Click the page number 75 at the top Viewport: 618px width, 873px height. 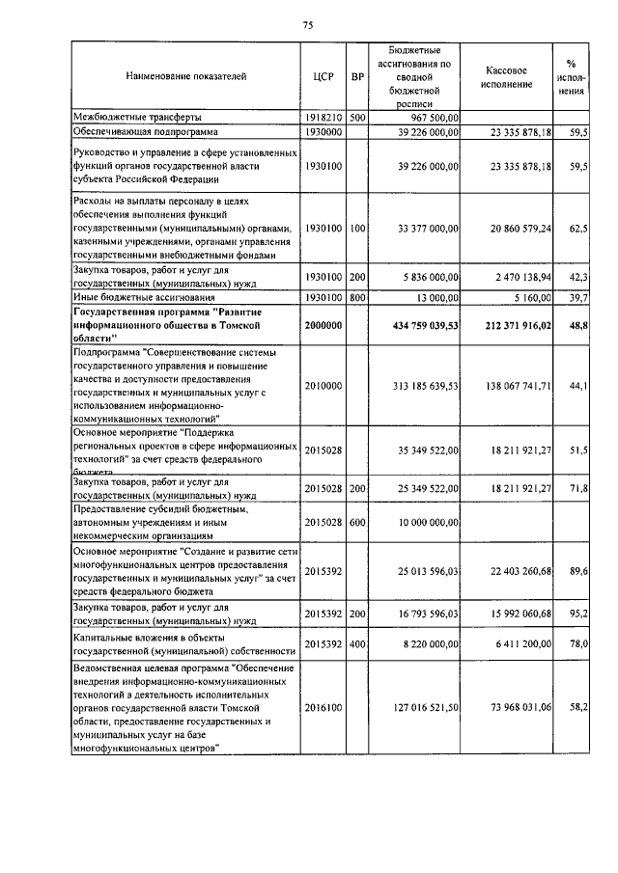click(308, 23)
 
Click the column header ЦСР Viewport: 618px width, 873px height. click(323, 74)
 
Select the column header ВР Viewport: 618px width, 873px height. click(357, 74)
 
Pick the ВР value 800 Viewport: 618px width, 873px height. click(357, 298)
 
